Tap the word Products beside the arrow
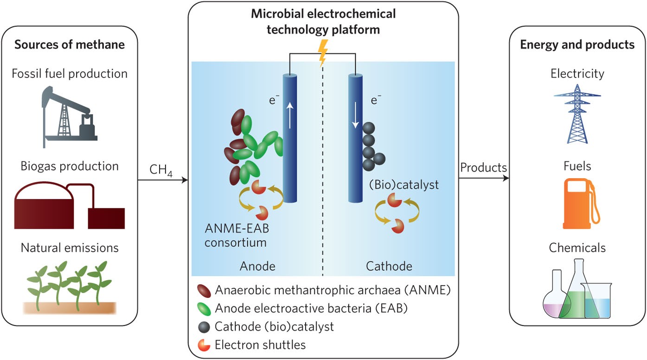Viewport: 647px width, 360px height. (483, 167)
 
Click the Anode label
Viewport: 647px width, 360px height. (257, 266)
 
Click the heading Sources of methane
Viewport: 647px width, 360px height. (70, 45)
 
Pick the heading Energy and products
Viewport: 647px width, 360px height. (577, 45)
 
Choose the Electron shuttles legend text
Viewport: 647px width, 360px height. (260, 345)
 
